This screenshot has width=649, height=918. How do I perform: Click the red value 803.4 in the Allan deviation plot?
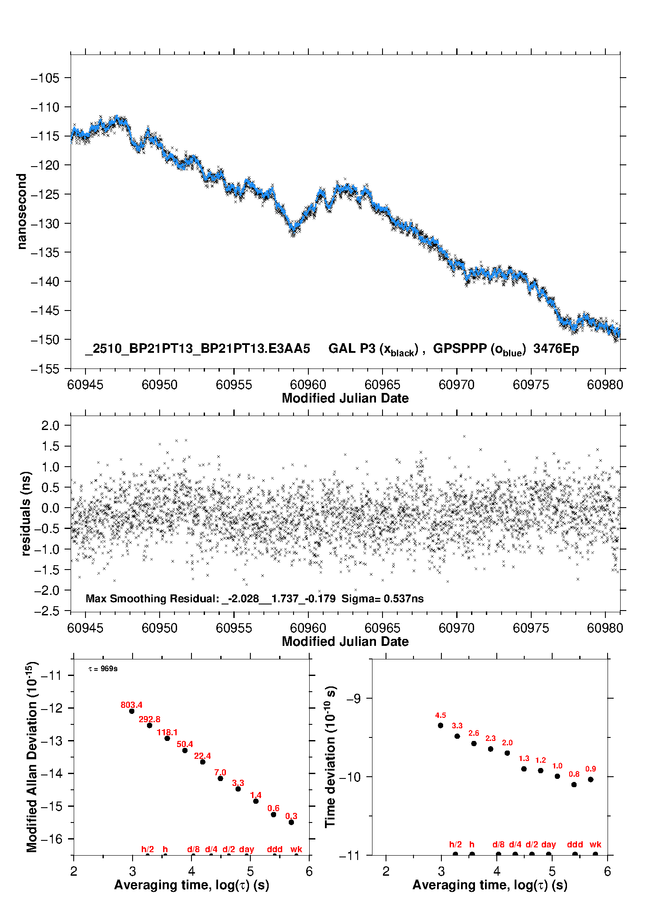[131, 705]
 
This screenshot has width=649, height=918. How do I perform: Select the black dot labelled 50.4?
[185, 751]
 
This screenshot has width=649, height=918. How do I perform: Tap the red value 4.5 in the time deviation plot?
[441, 716]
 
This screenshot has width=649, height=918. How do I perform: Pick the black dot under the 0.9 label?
[591, 779]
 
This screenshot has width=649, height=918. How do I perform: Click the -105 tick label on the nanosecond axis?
[45, 78]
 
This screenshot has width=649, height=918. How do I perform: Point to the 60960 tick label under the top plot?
[308, 385]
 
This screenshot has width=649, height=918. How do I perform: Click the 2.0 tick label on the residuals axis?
[50, 425]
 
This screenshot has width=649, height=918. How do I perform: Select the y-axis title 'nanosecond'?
[21, 212]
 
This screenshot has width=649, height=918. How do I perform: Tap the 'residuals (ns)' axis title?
[26, 513]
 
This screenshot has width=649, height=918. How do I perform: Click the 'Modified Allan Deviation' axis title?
[31, 757]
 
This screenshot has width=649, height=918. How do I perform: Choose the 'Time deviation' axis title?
[330, 757]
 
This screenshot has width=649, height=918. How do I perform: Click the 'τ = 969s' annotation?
[103, 669]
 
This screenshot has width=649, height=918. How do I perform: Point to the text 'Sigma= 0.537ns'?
[382, 599]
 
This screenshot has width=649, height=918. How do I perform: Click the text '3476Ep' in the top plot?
[556, 349]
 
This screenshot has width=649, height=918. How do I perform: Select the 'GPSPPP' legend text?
[460, 349]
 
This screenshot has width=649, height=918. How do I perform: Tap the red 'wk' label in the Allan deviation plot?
[296, 849]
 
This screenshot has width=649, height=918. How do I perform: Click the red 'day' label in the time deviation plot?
[548, 845]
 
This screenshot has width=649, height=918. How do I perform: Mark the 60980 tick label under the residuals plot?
[605, 628]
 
